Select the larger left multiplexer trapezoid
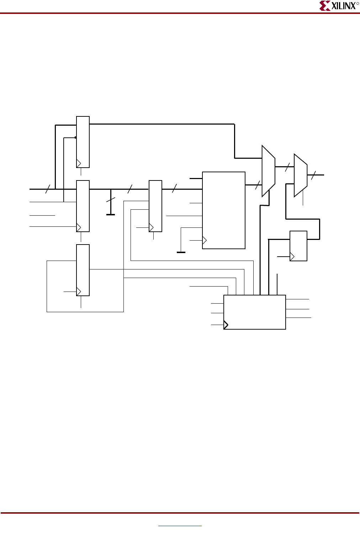(268, 171)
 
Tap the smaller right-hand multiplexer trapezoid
(300, 175)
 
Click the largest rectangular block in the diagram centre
(223, 210)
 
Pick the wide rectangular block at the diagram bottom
(254, 312)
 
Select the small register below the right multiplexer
(298, 246)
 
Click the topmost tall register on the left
(83, 142)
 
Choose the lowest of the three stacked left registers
(83, 270)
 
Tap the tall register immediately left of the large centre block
(155, 206)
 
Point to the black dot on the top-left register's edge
(75, 137)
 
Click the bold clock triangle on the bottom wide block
(226, 325)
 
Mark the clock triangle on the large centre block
(204, 241)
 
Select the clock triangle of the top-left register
(79, 163)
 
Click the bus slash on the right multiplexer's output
(313, 175)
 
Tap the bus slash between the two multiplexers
(287, 167)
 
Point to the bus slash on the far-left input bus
(48, 189)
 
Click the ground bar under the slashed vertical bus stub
(111, 215)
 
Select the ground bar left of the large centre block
(181, 252)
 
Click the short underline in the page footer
(180, 526)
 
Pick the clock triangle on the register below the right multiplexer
(292, 256)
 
